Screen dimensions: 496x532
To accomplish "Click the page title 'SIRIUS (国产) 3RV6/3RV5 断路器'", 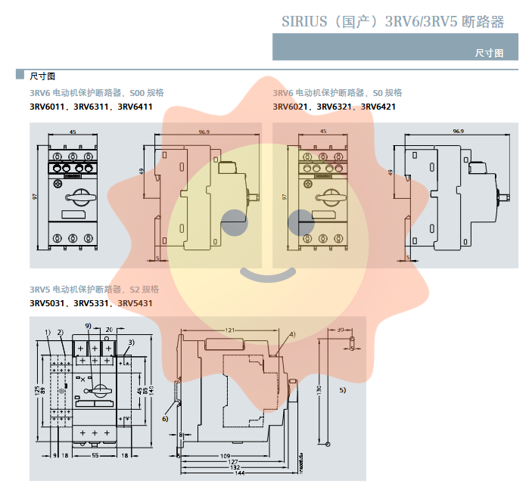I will [x=387, y=21].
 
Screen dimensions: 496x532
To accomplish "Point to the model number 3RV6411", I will [x=135, y=107].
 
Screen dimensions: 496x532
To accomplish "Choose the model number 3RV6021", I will [x=291, y=107].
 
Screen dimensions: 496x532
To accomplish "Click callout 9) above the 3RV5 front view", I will [x=89, y=326].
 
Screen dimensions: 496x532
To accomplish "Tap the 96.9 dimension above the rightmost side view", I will [x=458, y=132].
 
